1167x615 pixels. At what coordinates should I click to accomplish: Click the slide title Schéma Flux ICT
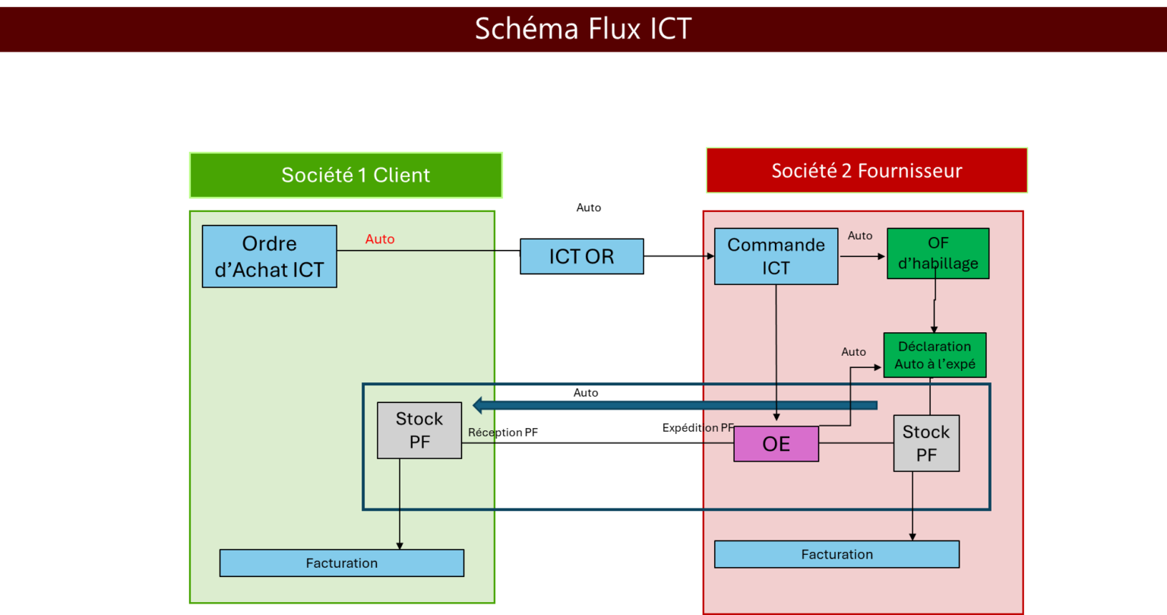[x=583, y=29]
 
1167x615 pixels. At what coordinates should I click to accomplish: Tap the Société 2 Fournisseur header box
[x=866, y=170]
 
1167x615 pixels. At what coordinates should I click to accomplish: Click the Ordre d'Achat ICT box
[x=269, y=256]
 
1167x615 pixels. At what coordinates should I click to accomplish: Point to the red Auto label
[x=380, y=239]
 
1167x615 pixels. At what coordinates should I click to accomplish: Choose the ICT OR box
[x=581, y=256]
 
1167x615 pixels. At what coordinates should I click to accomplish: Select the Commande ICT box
[x=776, y=256]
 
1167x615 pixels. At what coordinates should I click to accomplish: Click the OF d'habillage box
[x=938, y=253]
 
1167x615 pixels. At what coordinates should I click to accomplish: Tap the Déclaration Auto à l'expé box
[x=935, y=355]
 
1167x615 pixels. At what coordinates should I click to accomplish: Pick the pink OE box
[x=776, y=444]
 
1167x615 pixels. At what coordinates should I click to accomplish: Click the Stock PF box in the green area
[x=419, y=430]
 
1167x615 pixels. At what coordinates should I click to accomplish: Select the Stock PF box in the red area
[x=925, y=443]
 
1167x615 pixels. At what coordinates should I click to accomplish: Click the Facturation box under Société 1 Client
[x=341, y=563]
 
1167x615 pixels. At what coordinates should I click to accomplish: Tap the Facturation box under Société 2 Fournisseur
[x=837, y=554]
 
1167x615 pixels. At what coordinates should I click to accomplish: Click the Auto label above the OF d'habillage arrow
[x=860, y=236]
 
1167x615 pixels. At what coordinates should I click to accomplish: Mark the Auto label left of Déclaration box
[x=853, y=352]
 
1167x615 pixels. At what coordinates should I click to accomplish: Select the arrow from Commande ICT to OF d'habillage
[x=862, y=256]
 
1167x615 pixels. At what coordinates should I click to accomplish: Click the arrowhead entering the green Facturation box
[x=400, y=545]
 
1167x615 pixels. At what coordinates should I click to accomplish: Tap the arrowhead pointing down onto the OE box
[x=776, y=417]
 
